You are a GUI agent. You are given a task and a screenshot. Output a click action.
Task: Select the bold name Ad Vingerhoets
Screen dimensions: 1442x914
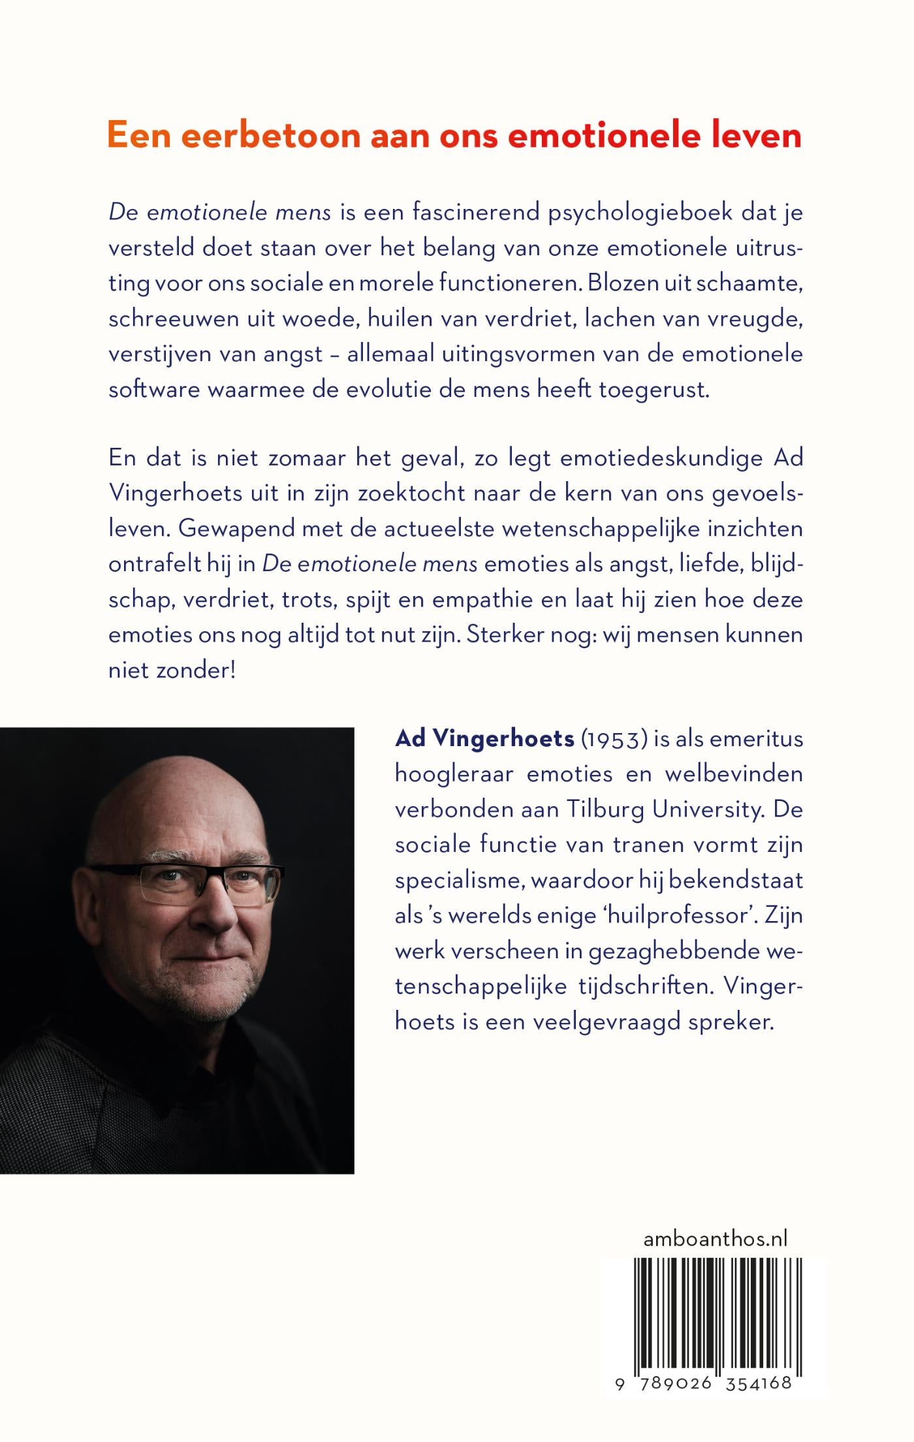pos(484,739)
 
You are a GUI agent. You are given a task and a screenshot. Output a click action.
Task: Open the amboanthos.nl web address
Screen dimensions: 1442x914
pos(715,1238)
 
